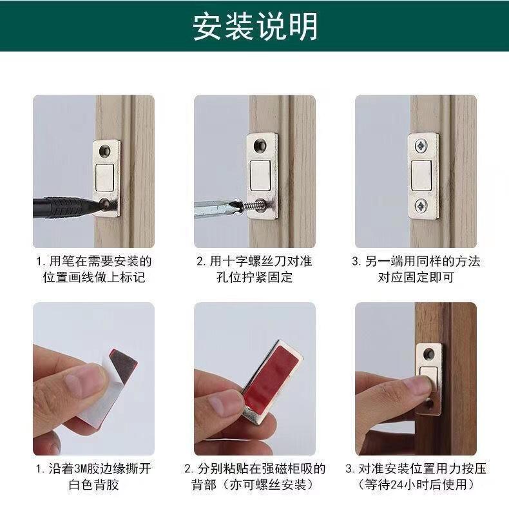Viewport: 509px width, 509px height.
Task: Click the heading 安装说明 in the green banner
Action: click(255, 26)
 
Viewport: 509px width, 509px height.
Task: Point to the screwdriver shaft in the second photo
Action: click(215, 208)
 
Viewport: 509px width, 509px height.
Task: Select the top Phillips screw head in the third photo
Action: click(421, 147)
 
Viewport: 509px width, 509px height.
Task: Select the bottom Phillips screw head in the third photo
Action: click(421, 206)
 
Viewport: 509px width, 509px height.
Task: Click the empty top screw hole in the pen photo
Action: click(105, 150)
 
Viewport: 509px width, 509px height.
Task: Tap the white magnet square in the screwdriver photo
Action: click(260, 175)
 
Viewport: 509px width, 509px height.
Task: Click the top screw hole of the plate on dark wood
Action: click(429, 354)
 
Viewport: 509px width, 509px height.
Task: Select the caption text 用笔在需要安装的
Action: click(101, 262)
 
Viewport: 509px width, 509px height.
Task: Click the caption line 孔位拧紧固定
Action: click(254, 278)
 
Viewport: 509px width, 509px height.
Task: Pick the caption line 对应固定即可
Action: click(416, 278)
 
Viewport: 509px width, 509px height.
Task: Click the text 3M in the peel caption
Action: click(80, 469)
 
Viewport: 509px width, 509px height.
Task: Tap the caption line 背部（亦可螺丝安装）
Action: click(255, 485)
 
